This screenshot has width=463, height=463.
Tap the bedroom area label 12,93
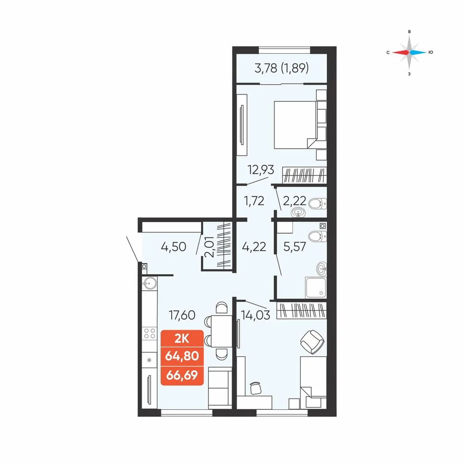261,170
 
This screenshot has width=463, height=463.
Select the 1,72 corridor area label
254,201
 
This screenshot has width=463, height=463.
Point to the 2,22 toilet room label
294,201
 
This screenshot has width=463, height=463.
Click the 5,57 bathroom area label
294,246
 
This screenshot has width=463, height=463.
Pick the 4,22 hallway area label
254,246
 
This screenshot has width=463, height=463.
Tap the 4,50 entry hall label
174,246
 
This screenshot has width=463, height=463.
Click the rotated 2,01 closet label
209,247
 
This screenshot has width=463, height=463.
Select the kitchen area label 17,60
182,315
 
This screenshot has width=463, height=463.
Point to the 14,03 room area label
256,315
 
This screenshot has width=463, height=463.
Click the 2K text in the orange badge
181,339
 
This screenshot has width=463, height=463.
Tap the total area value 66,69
182,375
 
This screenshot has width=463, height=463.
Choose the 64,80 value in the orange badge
182,356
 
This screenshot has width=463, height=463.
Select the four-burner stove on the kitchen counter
150,333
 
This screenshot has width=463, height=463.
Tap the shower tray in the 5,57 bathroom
316,288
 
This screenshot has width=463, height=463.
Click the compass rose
409,53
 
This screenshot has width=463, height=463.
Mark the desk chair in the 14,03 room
256,388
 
